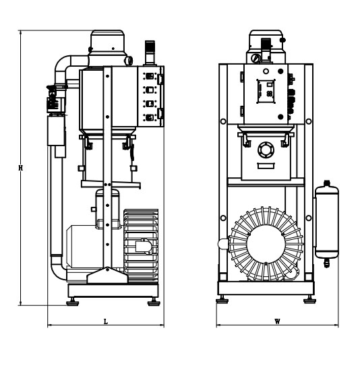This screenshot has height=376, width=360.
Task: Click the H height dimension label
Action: point(21,168)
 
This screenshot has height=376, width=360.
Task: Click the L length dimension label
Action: point(106,322)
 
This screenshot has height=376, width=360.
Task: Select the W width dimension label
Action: point(277,321)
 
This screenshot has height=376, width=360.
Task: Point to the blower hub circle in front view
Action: point(266,244)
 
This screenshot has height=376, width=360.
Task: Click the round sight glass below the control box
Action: point(266,150)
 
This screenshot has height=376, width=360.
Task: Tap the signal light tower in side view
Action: point(150,53)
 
